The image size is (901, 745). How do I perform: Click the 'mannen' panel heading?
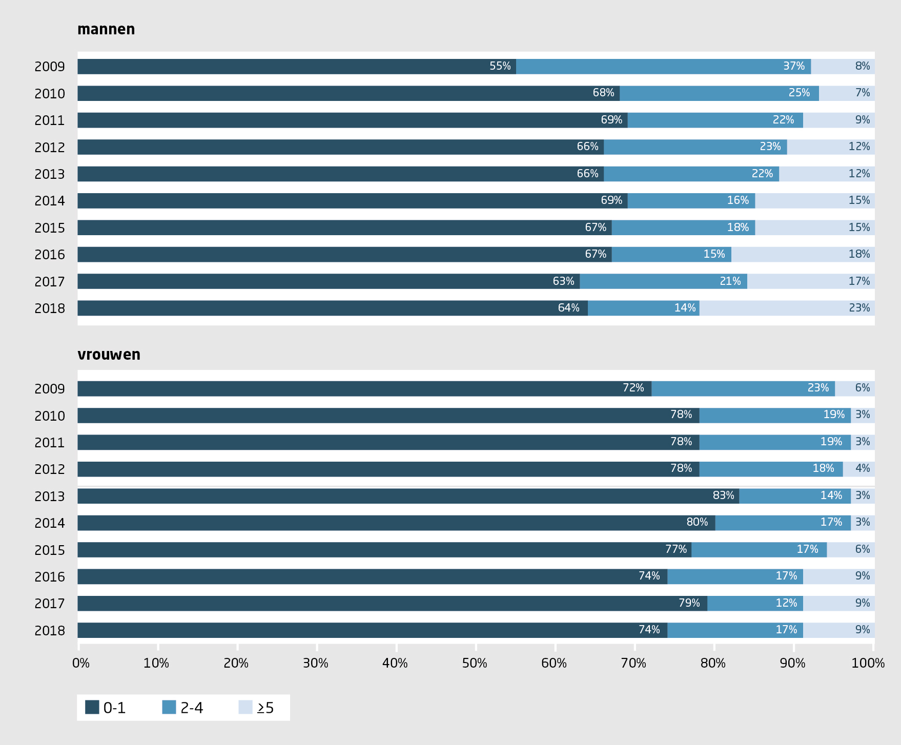coord(106,30)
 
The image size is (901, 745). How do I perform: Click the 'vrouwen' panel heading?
coord(109,355)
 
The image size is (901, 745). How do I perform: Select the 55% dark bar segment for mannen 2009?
coord(296,67)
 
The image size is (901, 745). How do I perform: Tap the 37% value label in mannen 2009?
coord(794,66)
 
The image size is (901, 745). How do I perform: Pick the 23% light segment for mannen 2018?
coord(787,308)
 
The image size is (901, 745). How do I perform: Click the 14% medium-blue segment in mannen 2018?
coord(643,308)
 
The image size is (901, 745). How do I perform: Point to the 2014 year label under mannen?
coord(50,201)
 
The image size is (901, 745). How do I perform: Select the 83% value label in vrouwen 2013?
coord(723,495)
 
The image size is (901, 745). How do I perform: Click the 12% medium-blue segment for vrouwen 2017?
coord(755,603)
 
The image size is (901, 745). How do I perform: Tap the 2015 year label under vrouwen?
coord(50,550)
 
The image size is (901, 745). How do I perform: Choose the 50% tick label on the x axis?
coord(475,664)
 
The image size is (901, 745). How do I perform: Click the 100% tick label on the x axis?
coord(868,664)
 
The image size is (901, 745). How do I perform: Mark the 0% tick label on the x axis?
coord(81,664)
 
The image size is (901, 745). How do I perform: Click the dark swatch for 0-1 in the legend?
coord(92,707)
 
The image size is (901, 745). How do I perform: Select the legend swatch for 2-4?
coord(169,707)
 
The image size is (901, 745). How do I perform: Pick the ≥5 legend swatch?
coord(245,707)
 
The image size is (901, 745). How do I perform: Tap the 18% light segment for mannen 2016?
coord(803,255)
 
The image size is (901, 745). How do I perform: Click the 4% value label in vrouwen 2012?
coord(863,468)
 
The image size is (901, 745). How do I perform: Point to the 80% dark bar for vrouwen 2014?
coord(396,523)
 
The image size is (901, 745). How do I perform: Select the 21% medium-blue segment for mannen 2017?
coord(663,281)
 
